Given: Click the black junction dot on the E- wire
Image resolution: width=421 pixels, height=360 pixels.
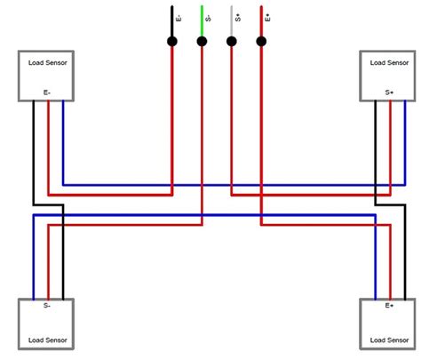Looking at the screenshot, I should (172, 41).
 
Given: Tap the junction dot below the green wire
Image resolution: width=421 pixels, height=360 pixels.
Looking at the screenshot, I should (202, 41).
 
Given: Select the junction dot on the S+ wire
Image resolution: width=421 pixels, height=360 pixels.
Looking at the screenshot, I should (232, 41).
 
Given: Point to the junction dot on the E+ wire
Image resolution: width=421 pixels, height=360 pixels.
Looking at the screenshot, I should (261, 41).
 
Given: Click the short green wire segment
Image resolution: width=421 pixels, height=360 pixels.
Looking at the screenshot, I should (202, 21).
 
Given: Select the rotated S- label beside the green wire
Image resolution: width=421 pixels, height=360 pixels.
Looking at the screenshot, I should (209, 18).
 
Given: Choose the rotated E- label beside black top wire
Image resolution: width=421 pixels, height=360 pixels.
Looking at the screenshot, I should (179, 18).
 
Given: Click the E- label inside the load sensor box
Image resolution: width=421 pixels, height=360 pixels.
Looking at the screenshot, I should (47, 92).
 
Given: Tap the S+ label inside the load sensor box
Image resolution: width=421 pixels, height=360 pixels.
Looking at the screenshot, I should (389, 92).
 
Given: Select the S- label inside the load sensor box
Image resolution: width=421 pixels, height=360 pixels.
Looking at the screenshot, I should (47, 306).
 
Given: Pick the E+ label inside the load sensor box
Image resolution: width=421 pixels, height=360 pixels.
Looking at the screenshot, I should (389, 306).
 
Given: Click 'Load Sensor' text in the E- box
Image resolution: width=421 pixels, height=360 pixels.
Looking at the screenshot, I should (47, 63).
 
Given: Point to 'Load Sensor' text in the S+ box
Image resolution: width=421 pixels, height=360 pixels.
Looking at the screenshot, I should (388, 63).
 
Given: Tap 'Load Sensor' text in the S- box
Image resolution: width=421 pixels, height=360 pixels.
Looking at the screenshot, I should (47, 340).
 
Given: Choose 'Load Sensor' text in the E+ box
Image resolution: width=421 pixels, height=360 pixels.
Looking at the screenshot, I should (388, 340).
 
